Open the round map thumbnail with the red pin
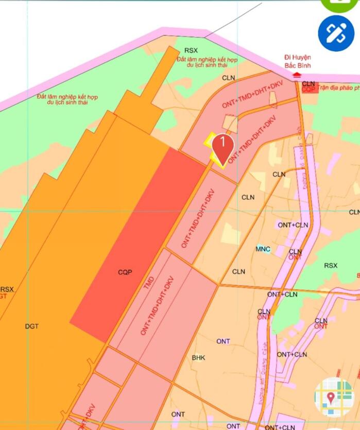(334, 397)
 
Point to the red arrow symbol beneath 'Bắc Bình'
(297, 75)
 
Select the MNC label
(263, 249)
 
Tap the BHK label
(198, 357)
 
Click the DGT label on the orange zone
(32, 326)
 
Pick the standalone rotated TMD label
(149, 282)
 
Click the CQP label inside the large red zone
(125, 272)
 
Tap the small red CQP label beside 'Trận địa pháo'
(308, 89)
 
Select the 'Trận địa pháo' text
(337, 88)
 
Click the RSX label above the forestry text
(191, 50)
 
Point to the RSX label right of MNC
(331, 265)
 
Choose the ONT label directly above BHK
(223, 341)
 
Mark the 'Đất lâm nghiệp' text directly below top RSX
(206, 63)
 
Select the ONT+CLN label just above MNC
(293, 225)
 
